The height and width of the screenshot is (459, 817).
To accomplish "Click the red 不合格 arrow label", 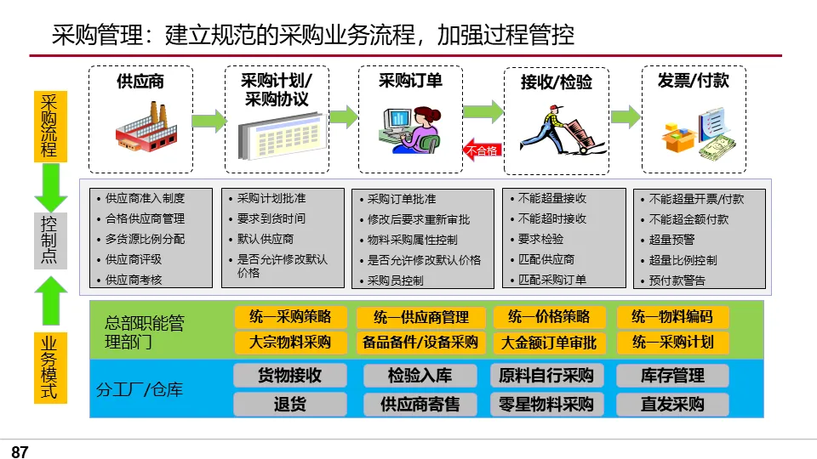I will point(482,150).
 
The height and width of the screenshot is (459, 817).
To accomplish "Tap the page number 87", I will point(20,451).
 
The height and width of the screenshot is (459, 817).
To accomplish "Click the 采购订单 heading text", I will point(410,81).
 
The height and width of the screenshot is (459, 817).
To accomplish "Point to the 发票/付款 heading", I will point(693,81).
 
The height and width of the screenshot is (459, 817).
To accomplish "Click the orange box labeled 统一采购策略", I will point(290,317).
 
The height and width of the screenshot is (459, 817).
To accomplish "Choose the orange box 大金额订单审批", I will point(549,343).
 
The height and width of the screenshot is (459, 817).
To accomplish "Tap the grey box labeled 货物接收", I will point(290,375).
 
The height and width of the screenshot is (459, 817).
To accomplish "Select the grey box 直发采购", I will point(672,404).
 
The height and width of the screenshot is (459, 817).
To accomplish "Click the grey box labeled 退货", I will point(290,404).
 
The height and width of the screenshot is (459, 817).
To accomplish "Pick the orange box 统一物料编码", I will point(672,317).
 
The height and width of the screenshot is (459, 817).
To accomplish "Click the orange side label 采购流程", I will point(49,125).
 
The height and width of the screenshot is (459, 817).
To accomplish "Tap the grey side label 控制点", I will point(49,239).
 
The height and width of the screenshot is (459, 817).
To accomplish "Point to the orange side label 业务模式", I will point(49,368).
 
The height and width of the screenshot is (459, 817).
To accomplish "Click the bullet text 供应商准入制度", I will point(145,199).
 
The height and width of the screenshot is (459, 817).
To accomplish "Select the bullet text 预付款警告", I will point(677,280).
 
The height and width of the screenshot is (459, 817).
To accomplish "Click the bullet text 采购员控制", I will point(396,280).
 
